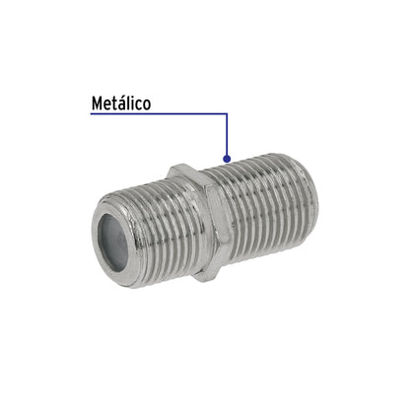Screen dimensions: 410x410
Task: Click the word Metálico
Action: (121, 102)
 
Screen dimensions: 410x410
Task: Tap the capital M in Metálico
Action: (97, 102)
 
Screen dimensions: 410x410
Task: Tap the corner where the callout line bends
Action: (228, 114)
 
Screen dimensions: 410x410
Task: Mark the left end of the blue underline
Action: (91, 114)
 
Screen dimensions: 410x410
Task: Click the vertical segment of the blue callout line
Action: (228, 135)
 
